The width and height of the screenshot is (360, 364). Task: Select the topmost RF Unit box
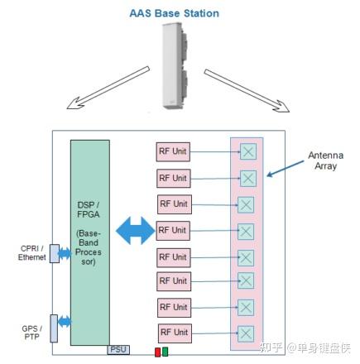pyautogui.click(x=172, y=151)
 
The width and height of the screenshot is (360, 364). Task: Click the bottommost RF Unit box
pyautogui.click(x=172, y=333)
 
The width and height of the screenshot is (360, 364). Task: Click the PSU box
pyautogui.click(x=118, y=349)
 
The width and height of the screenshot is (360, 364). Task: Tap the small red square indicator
pyautogui.click(x=156, y=352)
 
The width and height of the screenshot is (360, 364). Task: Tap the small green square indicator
pyautogui.click(x=166, y=352)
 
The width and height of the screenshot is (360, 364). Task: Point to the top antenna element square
pyautogui.click(x=247, y=151)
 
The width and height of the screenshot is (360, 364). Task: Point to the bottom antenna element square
pyautogui.click(x=247, y=333)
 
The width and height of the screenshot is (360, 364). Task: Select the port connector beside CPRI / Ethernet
pyautogui.click(x=55, y=252)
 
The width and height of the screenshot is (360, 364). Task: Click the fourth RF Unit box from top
pyautogui.click(x=172, y=229)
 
